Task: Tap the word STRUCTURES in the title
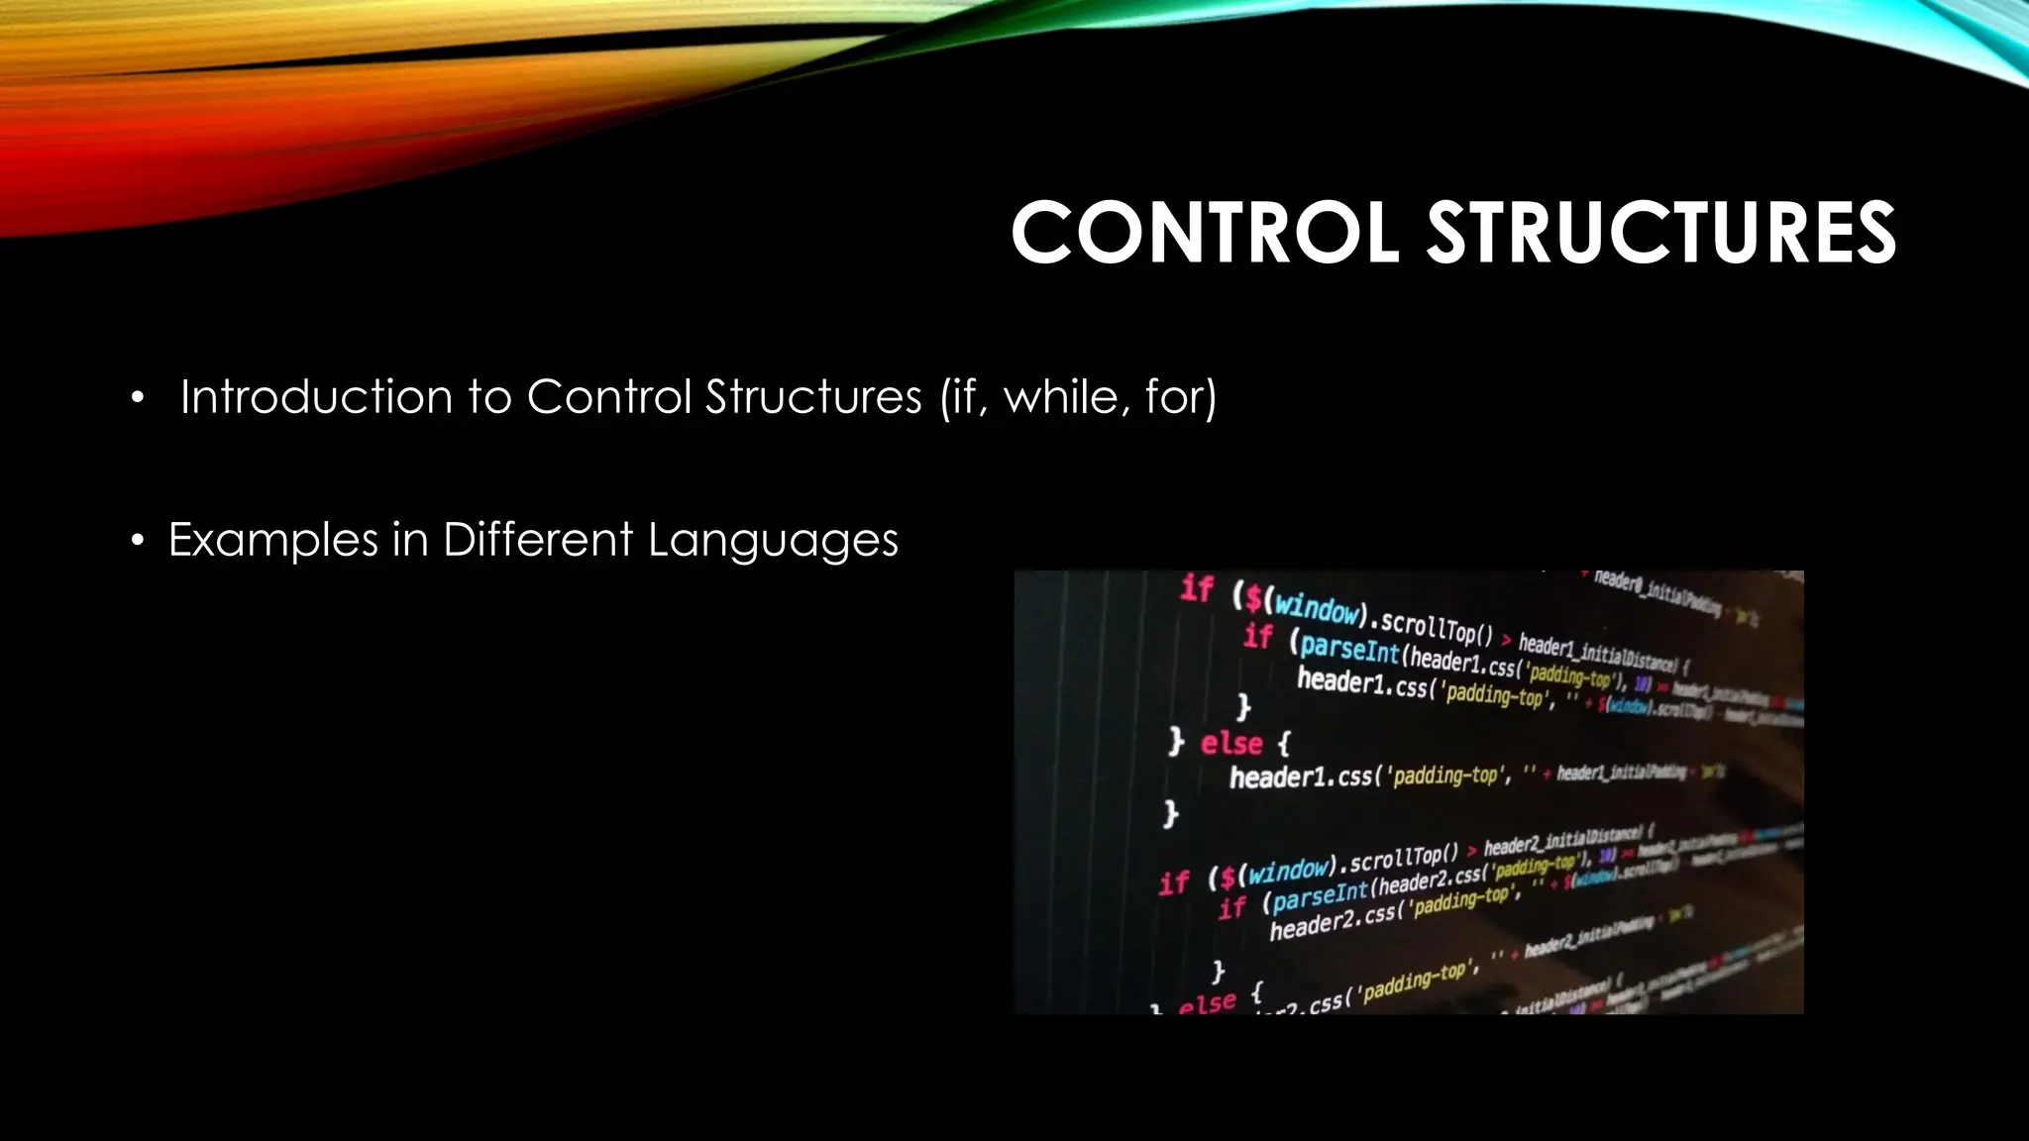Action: [1660, 234]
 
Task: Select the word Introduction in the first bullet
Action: [316, 397]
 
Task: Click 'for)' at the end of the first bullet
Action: [1180, 397]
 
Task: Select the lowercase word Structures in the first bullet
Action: [813, 397]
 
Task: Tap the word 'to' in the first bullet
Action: [489, 398]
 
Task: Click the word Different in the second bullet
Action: [538, 540]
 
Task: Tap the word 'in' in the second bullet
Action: [410, 541]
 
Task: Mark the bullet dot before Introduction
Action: [138, 399]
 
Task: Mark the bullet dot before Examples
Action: [138, 542]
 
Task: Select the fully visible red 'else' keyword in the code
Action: [1231, 743]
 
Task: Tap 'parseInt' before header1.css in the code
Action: [1349, 648]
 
